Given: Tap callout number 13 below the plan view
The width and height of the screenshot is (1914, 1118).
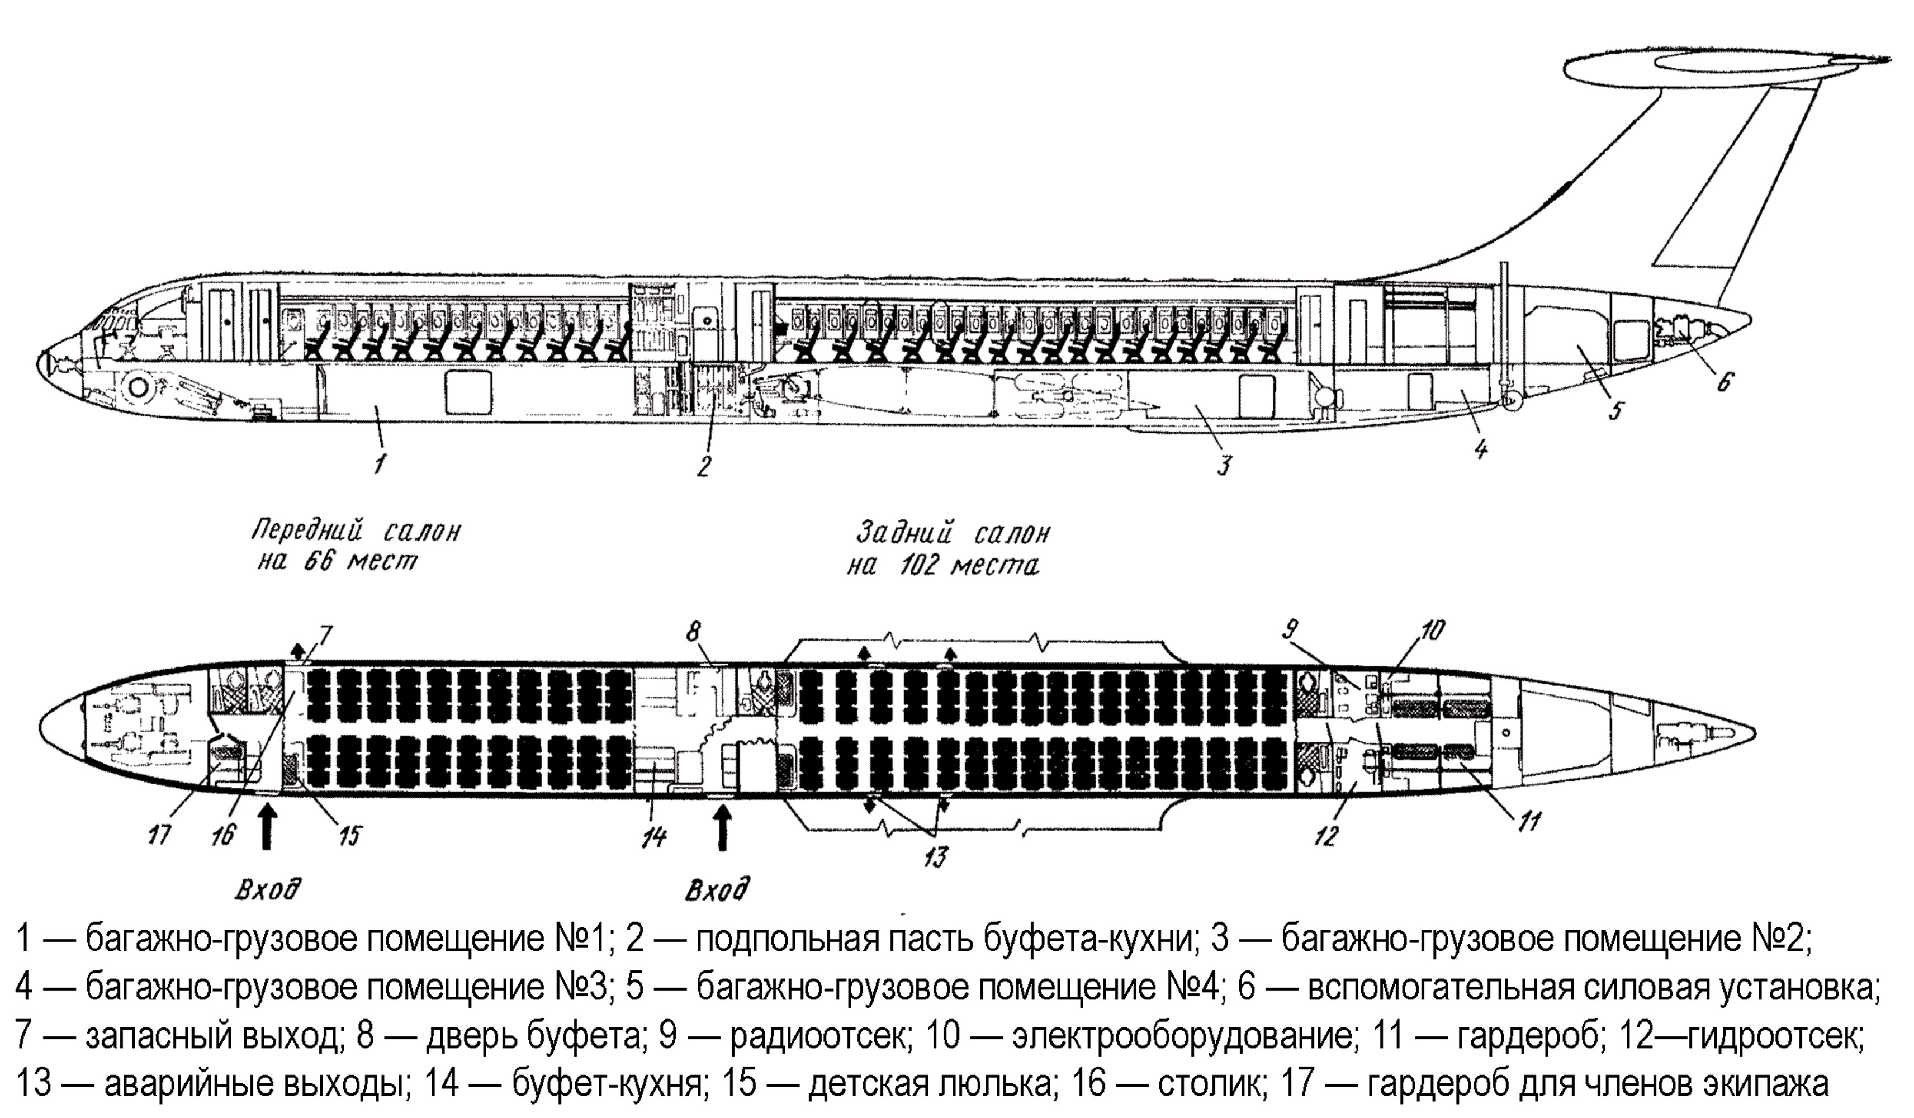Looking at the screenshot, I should point(936,857).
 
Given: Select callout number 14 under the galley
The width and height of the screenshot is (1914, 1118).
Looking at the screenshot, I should point(654,838).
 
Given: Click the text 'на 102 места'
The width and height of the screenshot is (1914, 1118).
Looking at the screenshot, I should point(942,567).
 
